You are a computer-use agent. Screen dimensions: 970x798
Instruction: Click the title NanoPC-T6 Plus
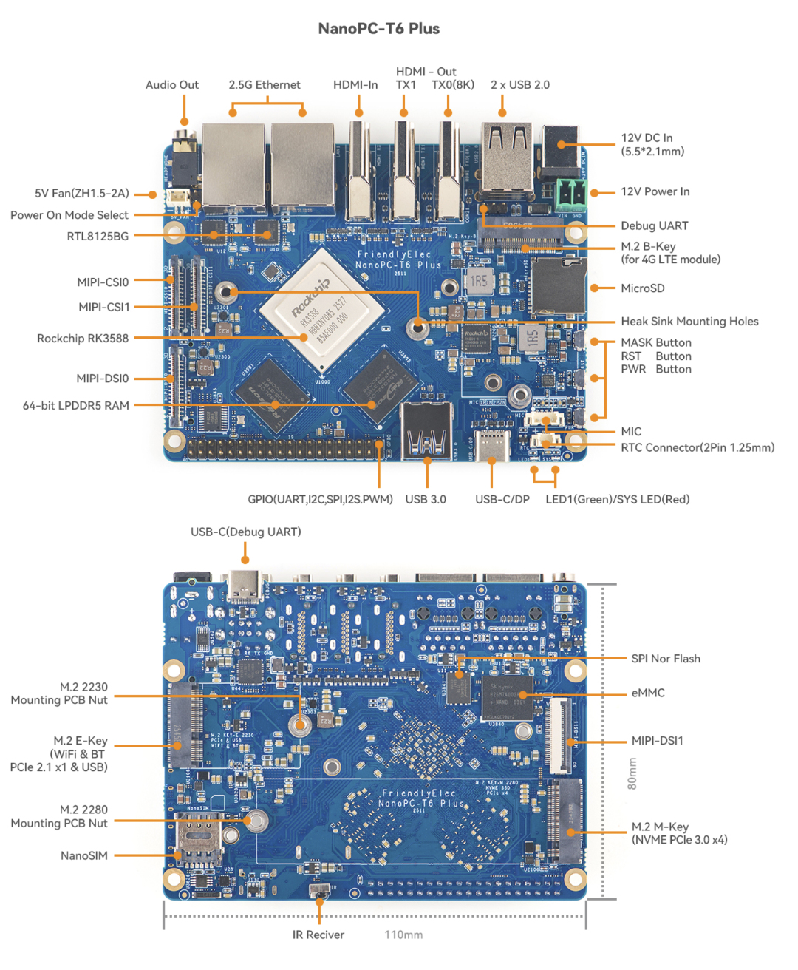click(378, 29)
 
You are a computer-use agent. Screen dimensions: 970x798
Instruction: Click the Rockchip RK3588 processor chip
click(322, 310)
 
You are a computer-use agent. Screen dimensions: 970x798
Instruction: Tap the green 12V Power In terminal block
click(570, 194)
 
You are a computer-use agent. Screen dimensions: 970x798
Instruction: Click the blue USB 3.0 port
click(426, 433)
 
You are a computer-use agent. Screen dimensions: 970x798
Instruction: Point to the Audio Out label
click(172, 85)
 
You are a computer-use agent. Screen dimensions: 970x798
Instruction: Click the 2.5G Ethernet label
click(265, 85)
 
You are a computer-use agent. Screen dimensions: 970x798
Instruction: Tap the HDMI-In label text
click(355, 85)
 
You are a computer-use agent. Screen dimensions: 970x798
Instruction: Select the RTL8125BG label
click(98, 237)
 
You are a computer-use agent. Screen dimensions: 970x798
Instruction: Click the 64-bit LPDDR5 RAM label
click(76, 406)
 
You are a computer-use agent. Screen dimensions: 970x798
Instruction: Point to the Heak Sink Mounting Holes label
click(689, 322)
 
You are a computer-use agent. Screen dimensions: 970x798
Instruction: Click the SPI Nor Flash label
click(666, 659)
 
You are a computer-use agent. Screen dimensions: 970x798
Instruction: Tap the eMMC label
click(648, 693)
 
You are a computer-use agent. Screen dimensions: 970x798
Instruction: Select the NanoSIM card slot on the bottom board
click(198, 839)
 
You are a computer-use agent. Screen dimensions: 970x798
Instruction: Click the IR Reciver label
click(318, 935)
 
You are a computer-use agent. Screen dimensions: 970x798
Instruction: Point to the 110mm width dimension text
click(403, 935)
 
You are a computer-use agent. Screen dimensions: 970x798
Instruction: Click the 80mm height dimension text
click(632, 773)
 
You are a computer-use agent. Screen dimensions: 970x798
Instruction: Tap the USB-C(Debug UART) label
click(246, 532)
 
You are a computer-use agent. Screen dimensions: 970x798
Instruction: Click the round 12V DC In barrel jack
click(562, 145)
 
